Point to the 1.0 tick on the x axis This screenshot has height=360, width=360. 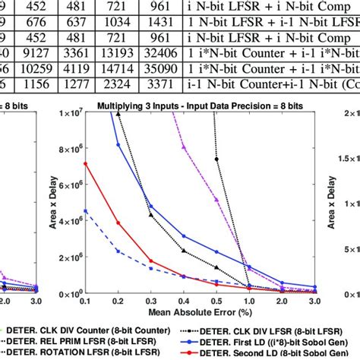tap(250, 302)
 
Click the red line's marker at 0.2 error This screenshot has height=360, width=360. tap(118, 223)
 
